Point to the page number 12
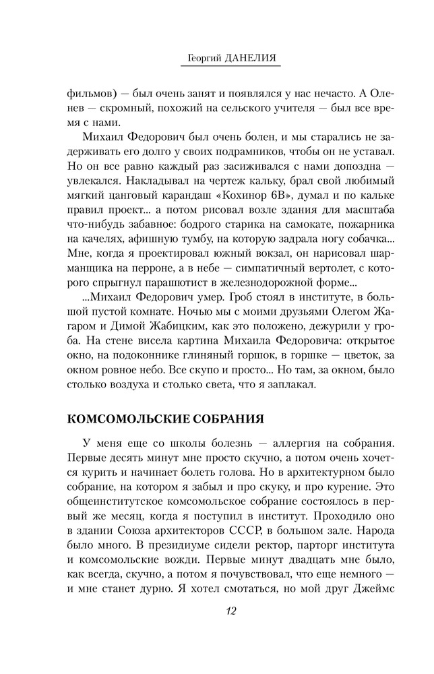pyautogui.click(x=231, y=612)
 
